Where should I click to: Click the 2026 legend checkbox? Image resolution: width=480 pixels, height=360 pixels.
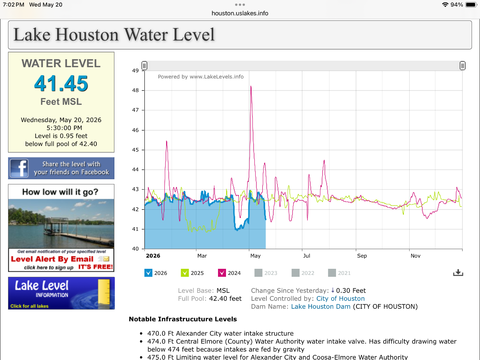click(x=148, y=273)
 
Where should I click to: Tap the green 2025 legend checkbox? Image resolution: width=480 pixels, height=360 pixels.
click(x=185, y=273)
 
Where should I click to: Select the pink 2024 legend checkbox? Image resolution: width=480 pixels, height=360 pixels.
click(x=222, y=273)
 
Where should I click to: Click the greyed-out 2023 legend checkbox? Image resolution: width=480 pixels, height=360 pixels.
click(x=258, y=273)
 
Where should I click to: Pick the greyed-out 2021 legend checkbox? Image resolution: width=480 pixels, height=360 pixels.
click(x=332, y=273)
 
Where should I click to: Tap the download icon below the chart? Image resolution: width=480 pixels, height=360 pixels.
click(x=458, y=273)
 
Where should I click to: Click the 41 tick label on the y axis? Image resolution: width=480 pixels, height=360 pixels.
click(x=135, y=229)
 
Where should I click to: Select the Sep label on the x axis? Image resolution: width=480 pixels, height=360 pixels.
click(x=362, y=256)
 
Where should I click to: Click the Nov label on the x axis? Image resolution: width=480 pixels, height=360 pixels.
click(x=416, y=256)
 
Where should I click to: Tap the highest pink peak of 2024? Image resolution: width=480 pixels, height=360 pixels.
click(x=251, y=86)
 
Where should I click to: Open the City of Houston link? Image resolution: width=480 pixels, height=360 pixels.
click(x=340, y=298)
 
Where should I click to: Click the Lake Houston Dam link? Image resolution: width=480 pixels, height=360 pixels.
click(x=320, y=306)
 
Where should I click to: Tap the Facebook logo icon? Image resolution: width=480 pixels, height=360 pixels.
click(x=19, y=168)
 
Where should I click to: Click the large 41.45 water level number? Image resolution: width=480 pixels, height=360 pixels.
click(x=61, y=83)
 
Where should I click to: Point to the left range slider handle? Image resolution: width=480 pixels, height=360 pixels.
click(x=144, y=66)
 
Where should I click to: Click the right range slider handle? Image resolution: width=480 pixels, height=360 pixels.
click(x=462, y=66)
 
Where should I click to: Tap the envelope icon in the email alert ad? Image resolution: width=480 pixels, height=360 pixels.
click(x=106, y=259)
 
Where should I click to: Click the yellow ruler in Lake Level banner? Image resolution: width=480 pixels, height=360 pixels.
click(x=104, y=292)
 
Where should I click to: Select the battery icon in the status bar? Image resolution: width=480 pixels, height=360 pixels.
click(x=471, y=4)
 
